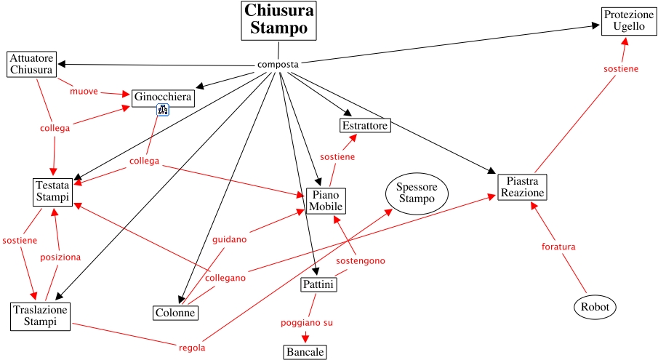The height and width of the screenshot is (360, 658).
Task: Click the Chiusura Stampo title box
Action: pyautogui.click(x=279, y=20)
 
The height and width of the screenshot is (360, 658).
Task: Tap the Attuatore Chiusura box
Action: pyautogui.click(x=31, y=64)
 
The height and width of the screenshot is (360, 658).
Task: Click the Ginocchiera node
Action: pyautogui.click(x=163, y=97)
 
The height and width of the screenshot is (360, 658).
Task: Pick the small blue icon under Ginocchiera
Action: pyautogui.click(x=164, y=110)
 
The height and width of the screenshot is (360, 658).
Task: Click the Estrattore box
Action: pyautogui.click(x=365, y=126)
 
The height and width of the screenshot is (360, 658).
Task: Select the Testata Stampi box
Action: pyautogui.click(x=52, y=191)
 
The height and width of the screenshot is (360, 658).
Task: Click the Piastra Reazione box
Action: pyautogui.click(x=521, y=187)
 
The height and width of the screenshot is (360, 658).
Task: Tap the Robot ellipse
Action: pyautogui.click(x=595, y=308)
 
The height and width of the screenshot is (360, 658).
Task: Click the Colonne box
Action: pyautogui.click(x=175, y=313)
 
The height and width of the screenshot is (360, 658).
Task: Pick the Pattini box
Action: pyautogui.click(x=318, y=284)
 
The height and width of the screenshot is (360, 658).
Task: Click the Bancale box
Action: pyautogui.click(x=305, y=352)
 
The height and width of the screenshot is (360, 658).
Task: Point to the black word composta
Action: pyautogui.click(x=278, y=65)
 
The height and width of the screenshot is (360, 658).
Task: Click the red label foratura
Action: pyautogui.click(x=558, y=247)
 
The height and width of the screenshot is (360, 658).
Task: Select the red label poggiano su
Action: pyautogui.click(x=307, y=322)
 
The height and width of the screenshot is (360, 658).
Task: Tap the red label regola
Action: pyautogui.click(x=192, y=348)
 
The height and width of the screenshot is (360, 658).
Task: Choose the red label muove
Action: pyautogui.click(x=84, y=92)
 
